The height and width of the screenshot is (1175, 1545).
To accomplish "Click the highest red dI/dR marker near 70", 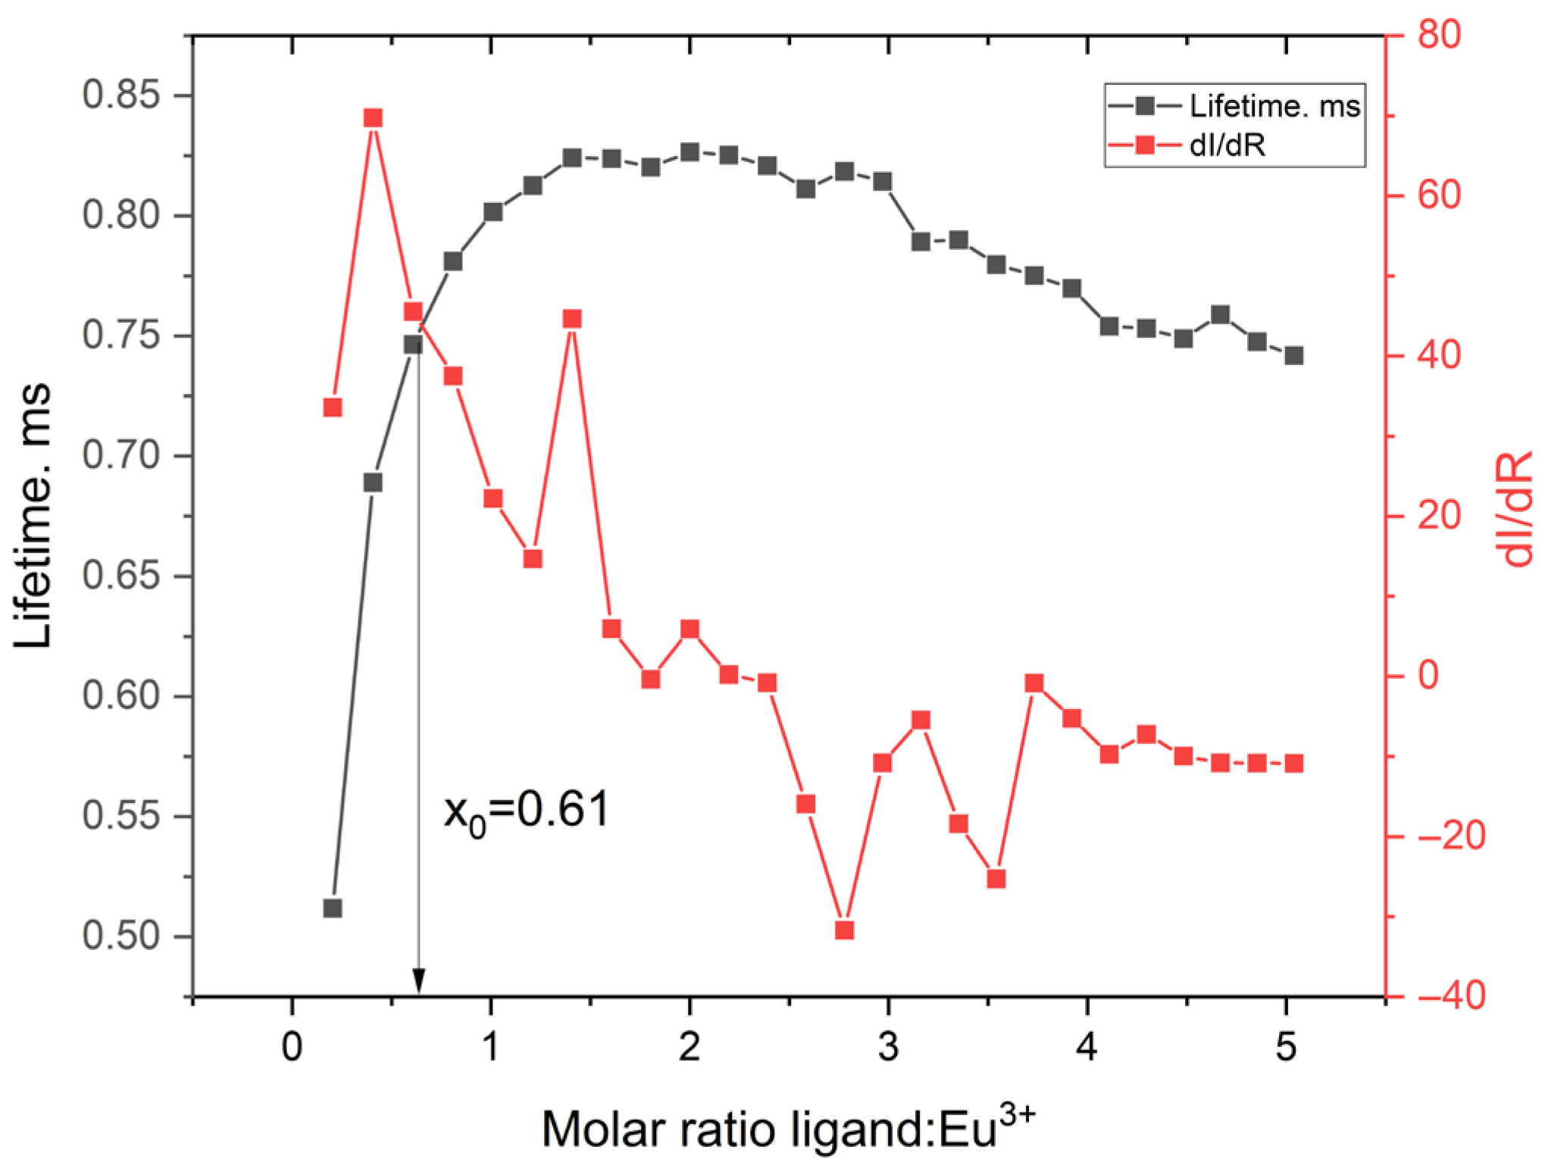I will coord(372,118).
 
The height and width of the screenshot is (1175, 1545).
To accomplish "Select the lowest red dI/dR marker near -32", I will coord(845,930).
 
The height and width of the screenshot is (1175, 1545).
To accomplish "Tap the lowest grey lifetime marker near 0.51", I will coord(333,908).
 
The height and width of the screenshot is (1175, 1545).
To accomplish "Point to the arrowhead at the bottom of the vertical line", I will coord(418,981).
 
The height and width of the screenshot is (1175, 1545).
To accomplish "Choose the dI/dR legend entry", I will coord(1228,145).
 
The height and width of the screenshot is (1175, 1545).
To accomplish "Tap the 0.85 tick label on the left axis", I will coord(126,96).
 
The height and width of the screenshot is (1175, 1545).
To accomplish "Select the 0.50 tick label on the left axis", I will coord(126,937).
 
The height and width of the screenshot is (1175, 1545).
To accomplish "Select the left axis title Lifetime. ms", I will coord(33,515).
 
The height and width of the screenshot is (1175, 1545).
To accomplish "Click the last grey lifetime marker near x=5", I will coord(1294,355).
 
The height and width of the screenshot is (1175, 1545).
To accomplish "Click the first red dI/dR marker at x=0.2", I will coord(333,408).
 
